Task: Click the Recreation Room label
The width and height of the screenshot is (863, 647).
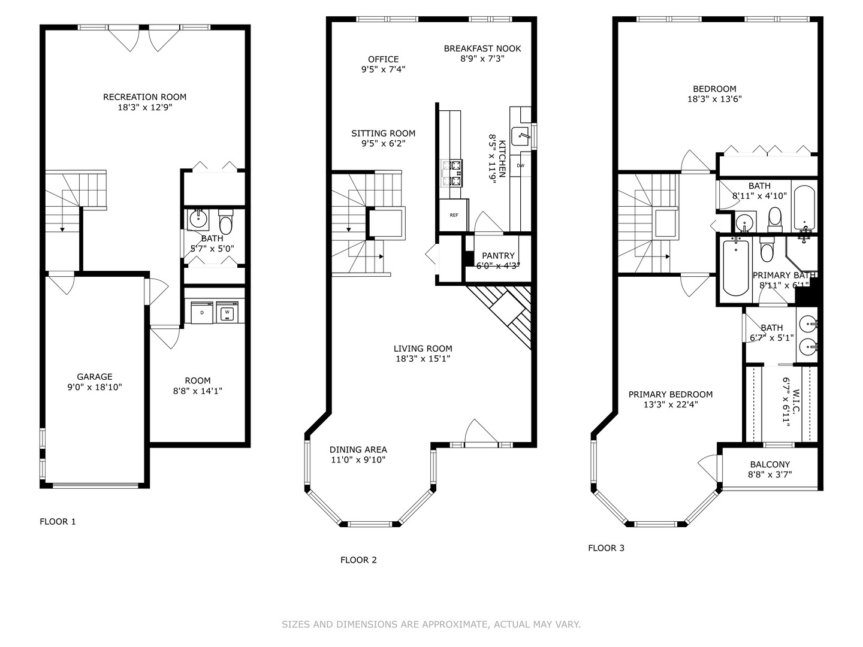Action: click(144, 97)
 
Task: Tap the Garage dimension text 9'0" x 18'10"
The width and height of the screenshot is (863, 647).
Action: click(94, 388)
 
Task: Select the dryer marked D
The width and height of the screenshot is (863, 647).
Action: click(202, 312)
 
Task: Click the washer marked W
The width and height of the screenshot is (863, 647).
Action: click(227, 312)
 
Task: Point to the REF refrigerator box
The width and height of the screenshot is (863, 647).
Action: click(454, 215)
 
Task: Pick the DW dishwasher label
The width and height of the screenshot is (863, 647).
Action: click(521, 165)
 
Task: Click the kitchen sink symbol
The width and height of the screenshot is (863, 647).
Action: click(520, 137)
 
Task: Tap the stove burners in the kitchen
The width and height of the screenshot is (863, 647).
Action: click(451, 173)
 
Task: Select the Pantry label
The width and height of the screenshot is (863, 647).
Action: click(498, 256)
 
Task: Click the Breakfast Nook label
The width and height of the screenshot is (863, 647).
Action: click(482, 49)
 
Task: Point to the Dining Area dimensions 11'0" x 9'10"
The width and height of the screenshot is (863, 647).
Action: click(358, 460)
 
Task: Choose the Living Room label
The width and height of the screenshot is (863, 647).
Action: click(423, 349)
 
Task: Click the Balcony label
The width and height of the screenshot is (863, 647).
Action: click(770, 464)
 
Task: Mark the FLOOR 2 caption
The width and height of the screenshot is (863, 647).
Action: click(358, 560)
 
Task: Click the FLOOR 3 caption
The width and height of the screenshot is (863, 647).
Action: click(606, 548)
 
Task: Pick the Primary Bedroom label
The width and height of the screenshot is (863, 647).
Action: click(671, 394)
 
